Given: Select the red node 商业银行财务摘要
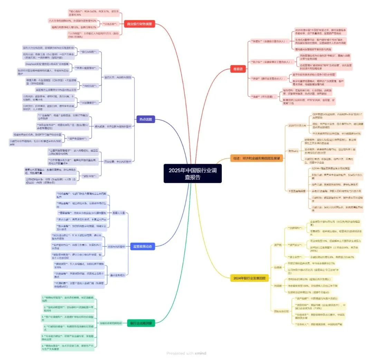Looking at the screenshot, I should (140, 24).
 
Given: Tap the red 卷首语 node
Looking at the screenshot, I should (237, 69).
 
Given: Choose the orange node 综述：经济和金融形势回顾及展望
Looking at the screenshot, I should (257, 159).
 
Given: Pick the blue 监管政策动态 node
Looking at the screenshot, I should (142, 246).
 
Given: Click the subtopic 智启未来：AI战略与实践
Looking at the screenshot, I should (118, 77).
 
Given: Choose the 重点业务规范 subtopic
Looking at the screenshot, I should (117, 275).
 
